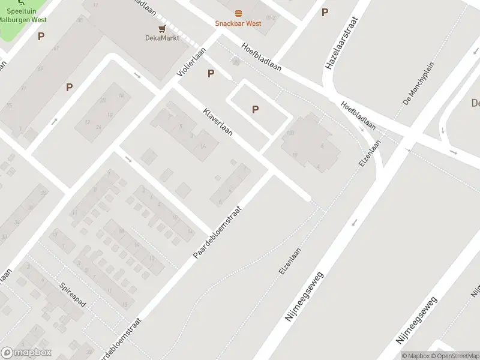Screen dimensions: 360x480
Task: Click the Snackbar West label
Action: pos(238,23)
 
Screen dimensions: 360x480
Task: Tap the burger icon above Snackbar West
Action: pos(238,13)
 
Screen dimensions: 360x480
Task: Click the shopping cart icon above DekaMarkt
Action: pos(161,28)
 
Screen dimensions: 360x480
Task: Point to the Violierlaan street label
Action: pos(191,62)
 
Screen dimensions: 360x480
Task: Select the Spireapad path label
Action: pos(73,295)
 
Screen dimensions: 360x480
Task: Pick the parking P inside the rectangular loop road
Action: pos(256,109)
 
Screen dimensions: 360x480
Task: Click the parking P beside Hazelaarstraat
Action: pos(325,12)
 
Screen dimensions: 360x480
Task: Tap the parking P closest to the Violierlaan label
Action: pos(211,73)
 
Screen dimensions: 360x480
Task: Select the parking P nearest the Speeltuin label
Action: pos(41,37)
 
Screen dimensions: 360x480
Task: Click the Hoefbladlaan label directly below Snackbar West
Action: pos(262,58)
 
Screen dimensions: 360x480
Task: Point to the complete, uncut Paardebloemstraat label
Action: pos(217,233)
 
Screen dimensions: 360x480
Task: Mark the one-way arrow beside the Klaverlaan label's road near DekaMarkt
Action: pos(137,75)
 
